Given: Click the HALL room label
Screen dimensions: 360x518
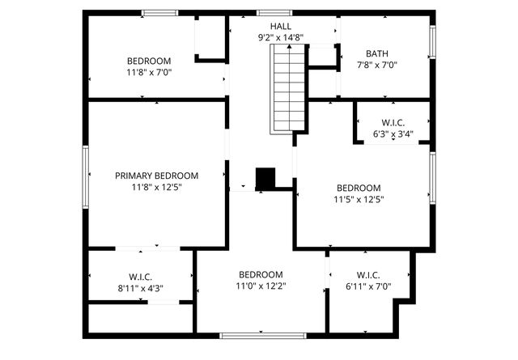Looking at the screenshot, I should click(x=280, y=27).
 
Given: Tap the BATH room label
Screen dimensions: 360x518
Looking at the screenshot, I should click(x=377, y=53).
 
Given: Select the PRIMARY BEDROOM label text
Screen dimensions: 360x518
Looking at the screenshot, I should click(x=156, y=176).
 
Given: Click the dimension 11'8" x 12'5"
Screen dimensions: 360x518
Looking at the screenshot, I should click(x=156, y=187).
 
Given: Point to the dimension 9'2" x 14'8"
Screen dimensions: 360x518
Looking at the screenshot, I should click(x=280, y=38).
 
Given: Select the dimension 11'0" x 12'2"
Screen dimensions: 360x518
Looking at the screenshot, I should click(x=261, y=286).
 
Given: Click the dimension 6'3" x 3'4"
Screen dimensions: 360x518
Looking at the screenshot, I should click(x=393, y=134).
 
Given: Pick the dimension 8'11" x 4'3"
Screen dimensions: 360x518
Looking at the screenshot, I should click(x=141, y=288).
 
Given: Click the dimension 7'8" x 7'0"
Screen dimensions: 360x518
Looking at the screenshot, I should click(x=377, y=65).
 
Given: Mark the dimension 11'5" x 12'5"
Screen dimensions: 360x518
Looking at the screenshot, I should click(x=358, y=199).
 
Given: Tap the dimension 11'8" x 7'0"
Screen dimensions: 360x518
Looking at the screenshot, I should click(x=149, y=72).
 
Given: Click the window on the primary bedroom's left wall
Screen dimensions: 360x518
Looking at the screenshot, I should click(x=84, y=176).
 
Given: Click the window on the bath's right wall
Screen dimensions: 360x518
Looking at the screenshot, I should click(x=433, y=49).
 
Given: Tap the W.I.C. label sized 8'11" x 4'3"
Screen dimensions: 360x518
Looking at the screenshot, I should click(x=141, y=277).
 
